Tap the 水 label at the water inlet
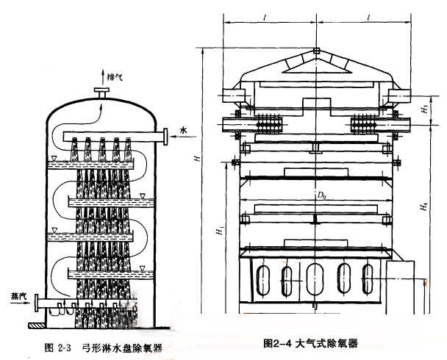[184, 131]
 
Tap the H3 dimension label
[425, 109]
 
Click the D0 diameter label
[321, 196]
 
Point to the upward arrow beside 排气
[101, 76]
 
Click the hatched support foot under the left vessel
[35, 324]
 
